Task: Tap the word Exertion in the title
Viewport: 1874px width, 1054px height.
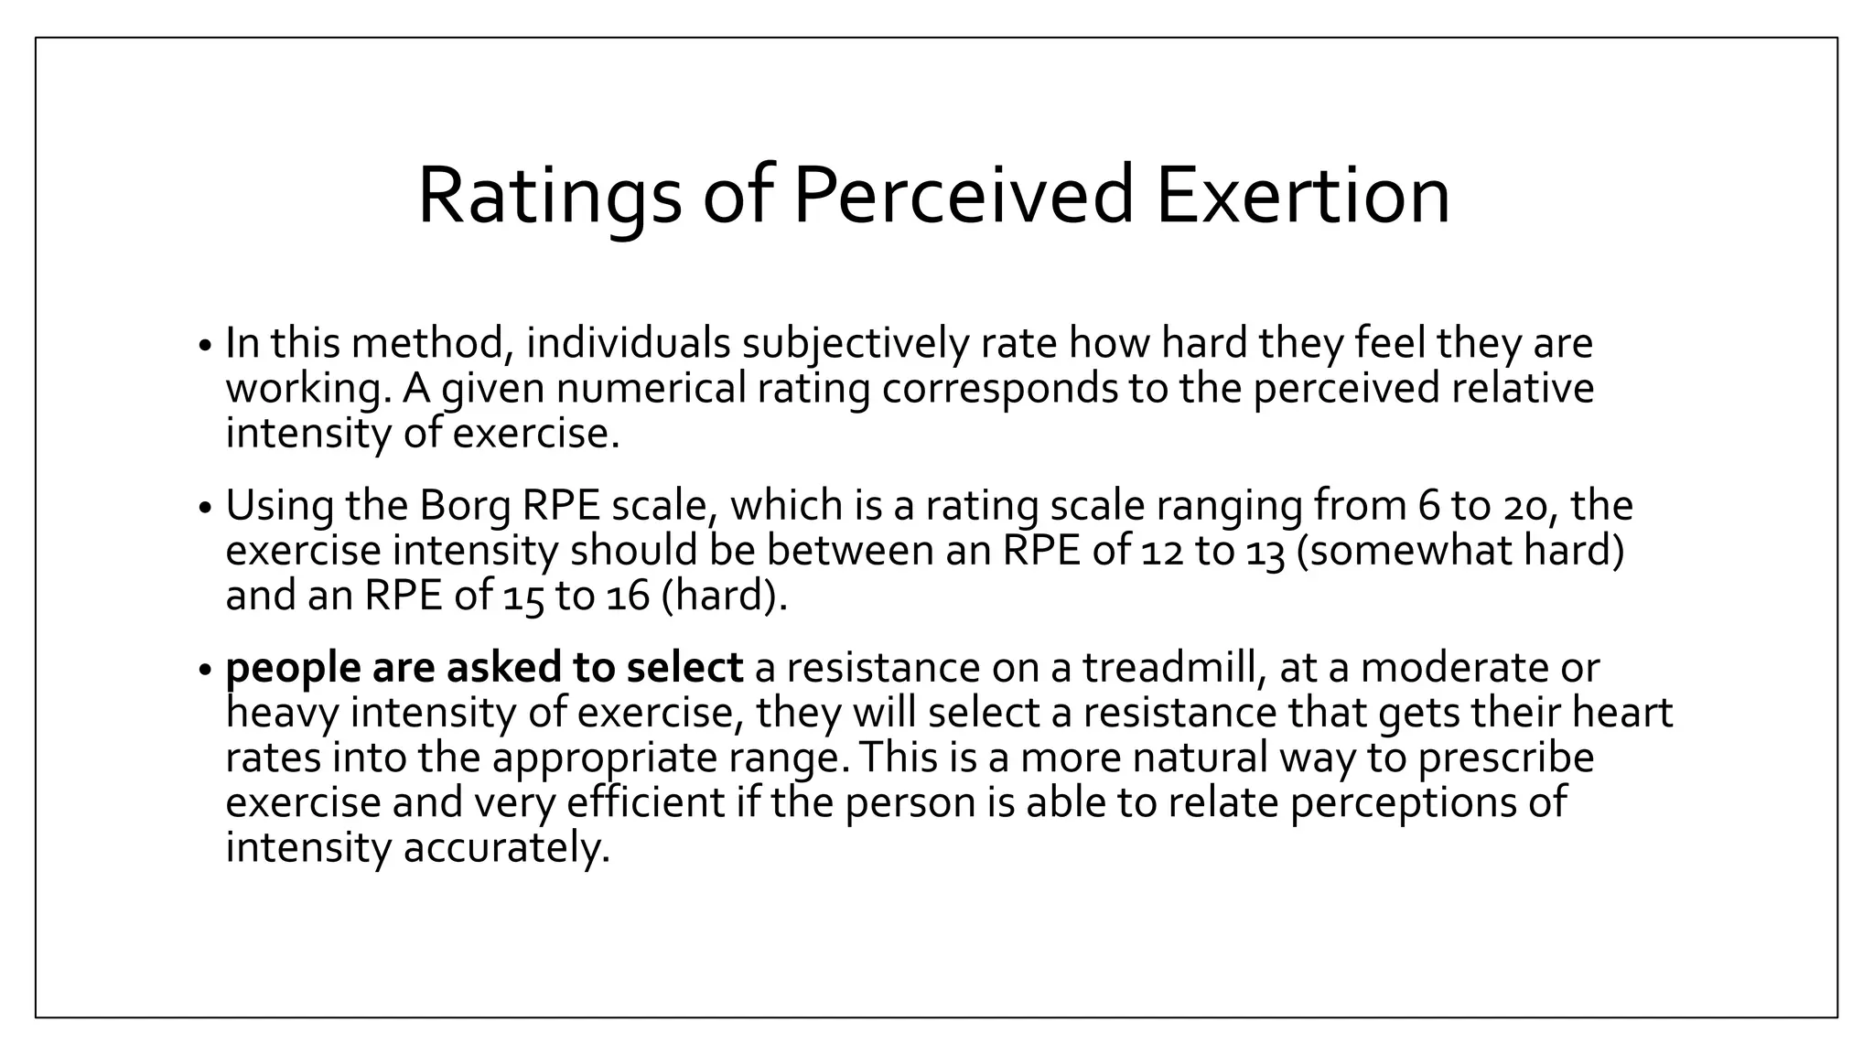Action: (1302, 197)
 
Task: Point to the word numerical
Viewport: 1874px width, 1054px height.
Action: (651, 389)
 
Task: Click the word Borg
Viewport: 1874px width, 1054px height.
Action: (464, 506)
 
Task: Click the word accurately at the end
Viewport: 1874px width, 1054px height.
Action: (506, 848)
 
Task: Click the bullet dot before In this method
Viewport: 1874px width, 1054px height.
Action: (205, 347)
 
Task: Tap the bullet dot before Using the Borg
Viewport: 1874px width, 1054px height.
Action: (205, 509)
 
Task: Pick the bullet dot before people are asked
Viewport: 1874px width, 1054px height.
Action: (205, 671)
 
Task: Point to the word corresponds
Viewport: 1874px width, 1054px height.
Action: (999, 389)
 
